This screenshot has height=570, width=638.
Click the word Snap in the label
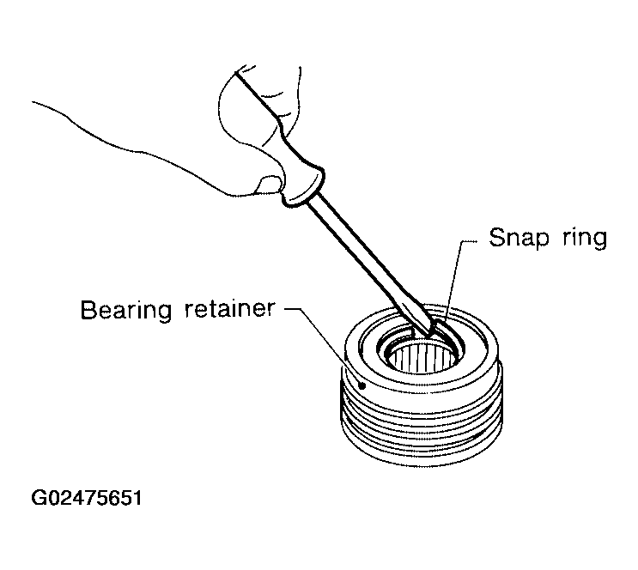pyautogui.click(x=518, y=238)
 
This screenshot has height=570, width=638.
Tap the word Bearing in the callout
pyautogui.click(x=126, y=310)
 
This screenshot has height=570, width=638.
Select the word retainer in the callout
pyautogui.click(x=230, y=309)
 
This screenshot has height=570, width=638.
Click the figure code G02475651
pyautogui.click(x=87, y=498)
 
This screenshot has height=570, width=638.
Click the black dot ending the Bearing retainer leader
pyautogui.click(x=362, y=385)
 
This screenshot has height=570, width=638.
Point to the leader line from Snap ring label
pyautogui.click(x=456, y=281)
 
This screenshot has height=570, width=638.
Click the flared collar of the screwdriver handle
pyautogui.click(x=304, y=187)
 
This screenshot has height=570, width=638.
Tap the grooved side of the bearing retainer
pyautogui.click(x=421, y=423)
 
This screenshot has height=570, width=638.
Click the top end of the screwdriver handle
pyautogui.click(x=236, y=72)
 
